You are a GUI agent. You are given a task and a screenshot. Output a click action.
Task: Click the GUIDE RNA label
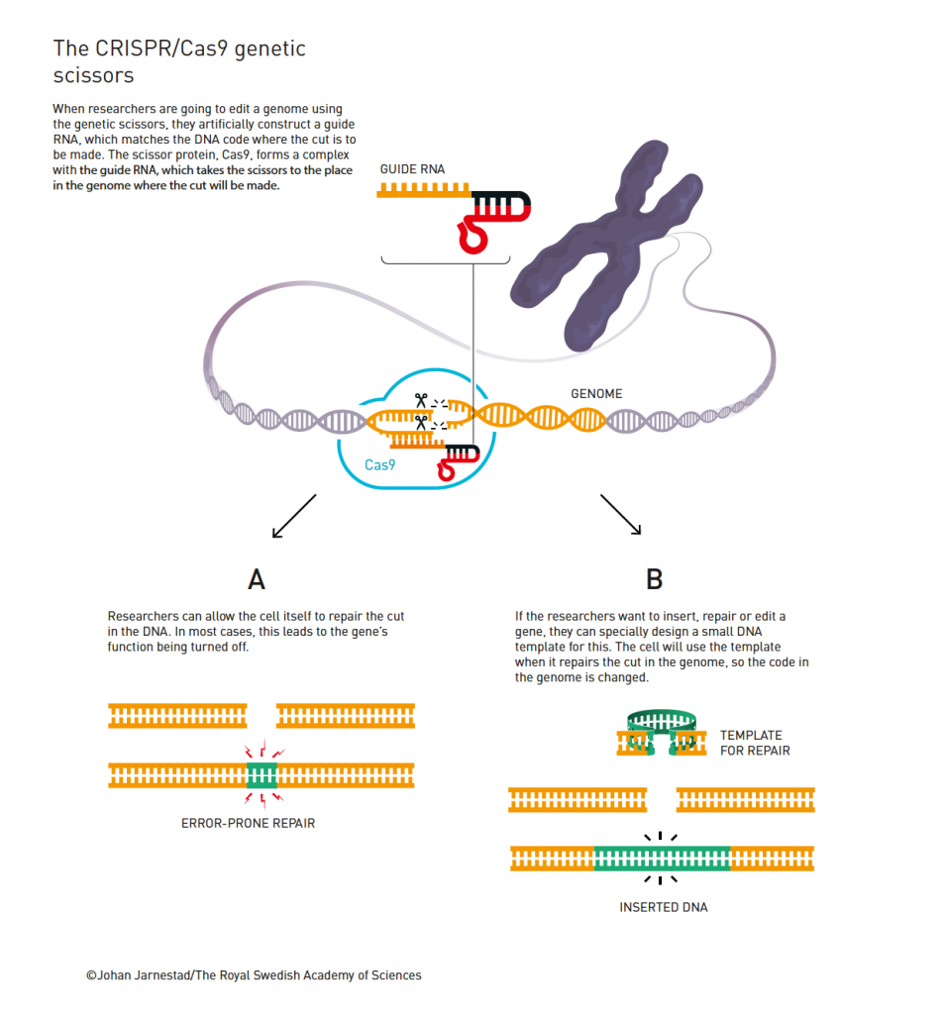412,169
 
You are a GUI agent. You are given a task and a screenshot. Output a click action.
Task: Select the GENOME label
596,394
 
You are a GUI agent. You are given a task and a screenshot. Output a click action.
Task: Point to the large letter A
257,578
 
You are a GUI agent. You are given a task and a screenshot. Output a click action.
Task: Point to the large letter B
654,578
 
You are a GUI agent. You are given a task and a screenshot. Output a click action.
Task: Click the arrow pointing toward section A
292,516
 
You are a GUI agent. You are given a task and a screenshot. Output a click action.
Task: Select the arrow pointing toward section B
620,515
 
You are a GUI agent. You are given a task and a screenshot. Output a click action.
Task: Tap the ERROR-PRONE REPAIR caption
249,823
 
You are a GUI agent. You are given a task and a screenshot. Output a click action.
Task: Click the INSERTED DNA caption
664,907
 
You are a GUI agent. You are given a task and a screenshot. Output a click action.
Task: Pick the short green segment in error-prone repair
262,774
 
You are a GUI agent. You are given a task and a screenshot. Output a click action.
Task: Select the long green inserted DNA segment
662,858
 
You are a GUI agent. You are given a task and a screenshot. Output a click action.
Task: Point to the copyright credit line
254,975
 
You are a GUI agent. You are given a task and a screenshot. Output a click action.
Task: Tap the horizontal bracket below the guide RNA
445,262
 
